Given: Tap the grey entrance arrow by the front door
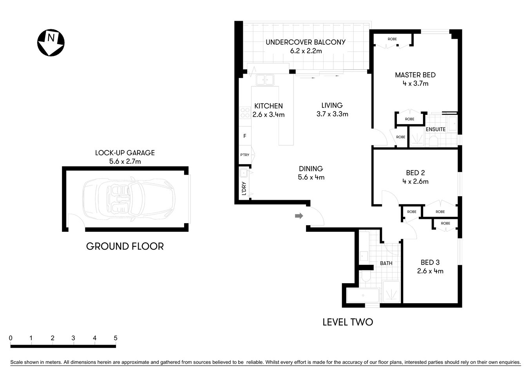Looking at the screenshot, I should pos(299,215).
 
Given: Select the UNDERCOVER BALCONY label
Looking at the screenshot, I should pos(306,42).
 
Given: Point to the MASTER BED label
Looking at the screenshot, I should pos(415,75).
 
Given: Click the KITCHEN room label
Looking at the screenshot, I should pos(268,106).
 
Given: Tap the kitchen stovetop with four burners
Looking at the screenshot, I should pos(245,113).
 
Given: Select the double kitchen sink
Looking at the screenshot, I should pos(265,80).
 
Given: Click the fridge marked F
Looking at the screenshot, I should pos(245,136).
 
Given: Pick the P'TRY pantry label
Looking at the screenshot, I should pos(244,155).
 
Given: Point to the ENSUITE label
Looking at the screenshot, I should pos(436,129).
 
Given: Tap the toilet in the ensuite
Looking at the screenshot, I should pos(433,141).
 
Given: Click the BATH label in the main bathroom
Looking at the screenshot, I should pos(386,263).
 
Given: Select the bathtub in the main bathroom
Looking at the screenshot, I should pos(363,295).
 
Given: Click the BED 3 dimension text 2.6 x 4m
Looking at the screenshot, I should pos(430,271).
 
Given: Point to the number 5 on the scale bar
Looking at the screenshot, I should pos(115,338).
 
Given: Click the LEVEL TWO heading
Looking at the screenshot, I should pos(347,322).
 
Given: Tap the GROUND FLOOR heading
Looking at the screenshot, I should pos(125,246).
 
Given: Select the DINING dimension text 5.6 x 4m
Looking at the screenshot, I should pos(311,177).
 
